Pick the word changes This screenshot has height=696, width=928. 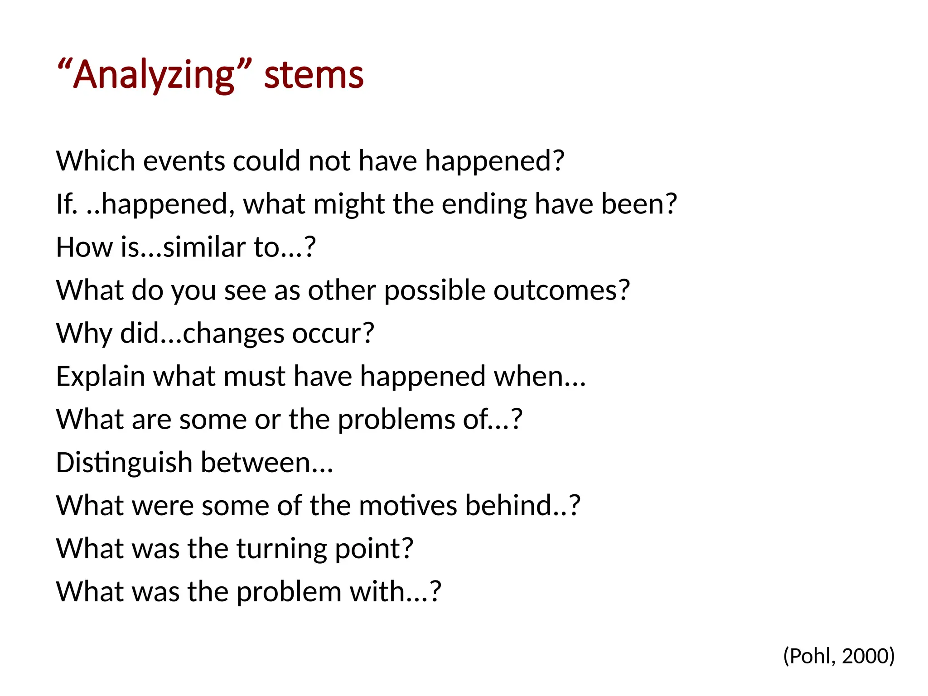pos(233,333)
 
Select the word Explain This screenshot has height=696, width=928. pos(100,377)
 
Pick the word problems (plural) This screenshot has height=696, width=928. pos(396,420)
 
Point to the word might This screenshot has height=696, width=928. pos(348,204)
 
